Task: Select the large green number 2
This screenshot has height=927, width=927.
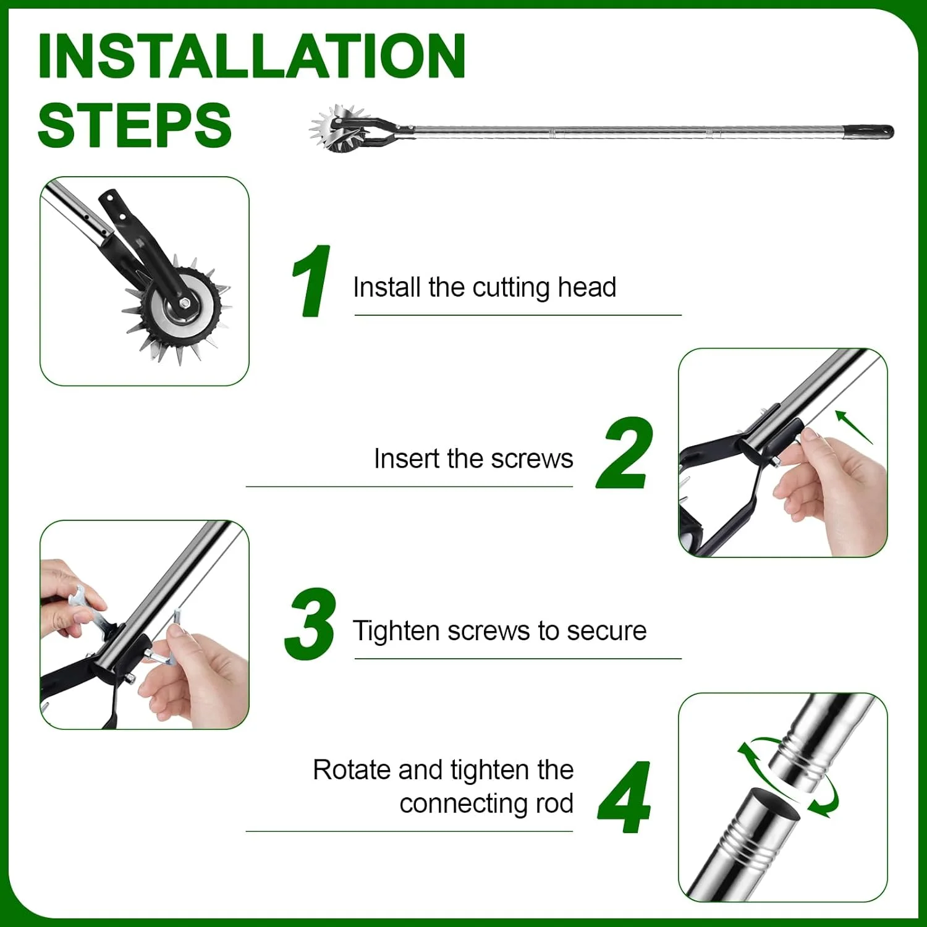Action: point(625,453)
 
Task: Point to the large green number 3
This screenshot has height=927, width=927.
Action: point(310,624)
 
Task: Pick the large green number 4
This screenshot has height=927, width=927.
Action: point(625,797)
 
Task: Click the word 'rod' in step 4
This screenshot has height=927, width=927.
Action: point(554,803)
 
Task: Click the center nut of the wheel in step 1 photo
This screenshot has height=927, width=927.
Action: point(184,303)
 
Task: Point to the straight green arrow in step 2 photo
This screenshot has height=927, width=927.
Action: point(854,427)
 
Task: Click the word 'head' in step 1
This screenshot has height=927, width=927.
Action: point(586,287)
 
